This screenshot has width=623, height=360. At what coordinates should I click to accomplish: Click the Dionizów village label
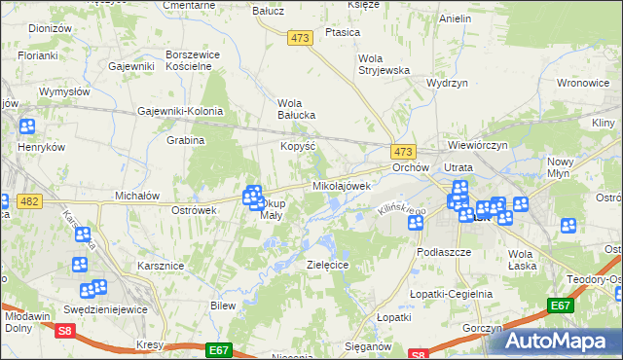(51, 29)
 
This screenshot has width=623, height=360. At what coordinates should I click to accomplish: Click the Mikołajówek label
(342, 185)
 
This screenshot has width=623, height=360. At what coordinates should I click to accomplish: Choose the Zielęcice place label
(327, 265)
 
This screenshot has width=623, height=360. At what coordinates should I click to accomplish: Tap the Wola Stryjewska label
(384, 64)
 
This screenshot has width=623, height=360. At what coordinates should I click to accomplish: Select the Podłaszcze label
(444, 251)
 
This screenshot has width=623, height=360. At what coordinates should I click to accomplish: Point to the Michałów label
(136, 196)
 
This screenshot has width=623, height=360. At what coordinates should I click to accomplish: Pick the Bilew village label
(224, 306)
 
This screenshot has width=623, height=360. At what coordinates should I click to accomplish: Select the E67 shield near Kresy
(218, 347)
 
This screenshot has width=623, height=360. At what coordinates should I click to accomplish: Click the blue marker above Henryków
(26, 126)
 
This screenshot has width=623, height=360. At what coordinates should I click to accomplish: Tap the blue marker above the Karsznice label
(82, 234)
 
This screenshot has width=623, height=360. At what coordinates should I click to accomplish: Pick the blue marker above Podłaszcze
(416, 222)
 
